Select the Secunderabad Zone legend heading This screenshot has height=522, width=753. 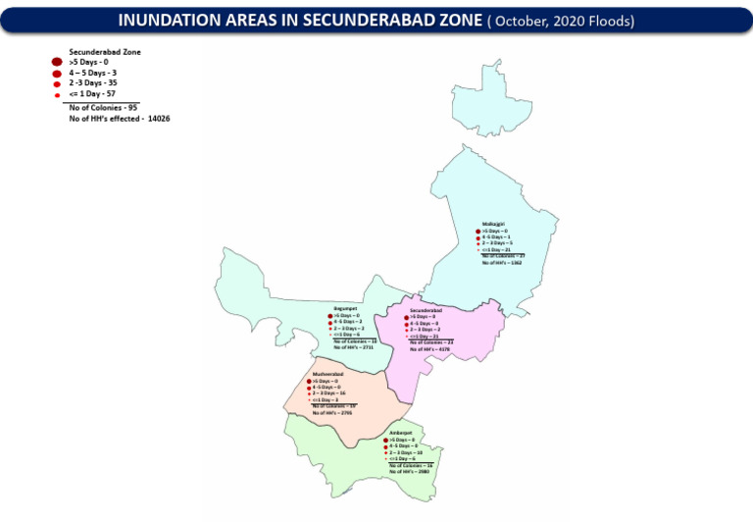pyautogui.click(x=100, y=50)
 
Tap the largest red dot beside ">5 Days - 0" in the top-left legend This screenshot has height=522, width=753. pyautogui.click(x=57, y=62)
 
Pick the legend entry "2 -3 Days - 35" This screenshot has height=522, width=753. pyautogui.click(x=94, y=83)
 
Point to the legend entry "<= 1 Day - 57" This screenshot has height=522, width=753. pyautogui.click(x=94, y=94)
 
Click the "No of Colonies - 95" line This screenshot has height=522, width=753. pyautogui.click(x=104, y=107)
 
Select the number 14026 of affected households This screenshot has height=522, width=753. pyautogui.click(x=159, y=118)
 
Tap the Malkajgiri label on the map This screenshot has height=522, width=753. pyautogui.click(x=496, y=223)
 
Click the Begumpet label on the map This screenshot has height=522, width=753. pyautogui.click(x=344, y=308)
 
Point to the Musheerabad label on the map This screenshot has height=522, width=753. pyautogui.click(x=326, y=374)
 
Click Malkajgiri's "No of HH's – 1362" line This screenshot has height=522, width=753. pyautogui.click(x=507, y=263)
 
